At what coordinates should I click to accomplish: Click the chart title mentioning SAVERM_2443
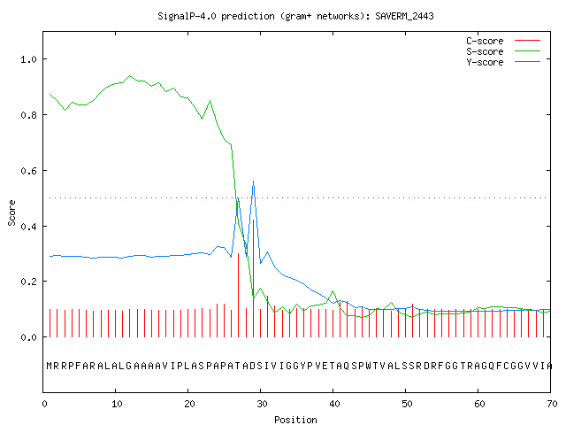[x=295, y=16]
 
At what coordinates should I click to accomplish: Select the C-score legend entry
[x=503, y=41]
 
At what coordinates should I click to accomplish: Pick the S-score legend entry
[x=503, y=51]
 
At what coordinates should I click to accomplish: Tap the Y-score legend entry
[x=503, y=62]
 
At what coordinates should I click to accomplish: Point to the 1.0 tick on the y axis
[x=29, y=59]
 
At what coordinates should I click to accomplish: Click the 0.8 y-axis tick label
[x=29, y=115]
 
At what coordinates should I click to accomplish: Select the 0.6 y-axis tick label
[x=29, y=171]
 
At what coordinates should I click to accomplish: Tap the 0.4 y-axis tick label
[x=29, y=227]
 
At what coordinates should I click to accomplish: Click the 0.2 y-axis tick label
[x=29, y=282]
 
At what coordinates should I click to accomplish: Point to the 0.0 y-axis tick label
[x=29, y=337]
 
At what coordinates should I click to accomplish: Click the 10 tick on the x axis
[x=117, y=404]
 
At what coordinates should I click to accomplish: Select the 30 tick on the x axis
[x=262, y=404]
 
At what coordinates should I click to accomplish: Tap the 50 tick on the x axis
[x=407, y=404]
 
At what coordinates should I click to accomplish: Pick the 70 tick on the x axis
[x=552, y=404]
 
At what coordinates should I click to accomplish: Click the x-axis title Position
[x=295, y=420]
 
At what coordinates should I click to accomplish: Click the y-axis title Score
[x=11, y=212]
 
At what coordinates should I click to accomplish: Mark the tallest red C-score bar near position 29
[x=254, y=278]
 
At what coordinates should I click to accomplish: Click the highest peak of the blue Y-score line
[x=254, y=181]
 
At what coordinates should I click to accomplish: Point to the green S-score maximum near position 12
[x=130, y=76]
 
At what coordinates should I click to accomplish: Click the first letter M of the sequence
[x=50, y=366]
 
